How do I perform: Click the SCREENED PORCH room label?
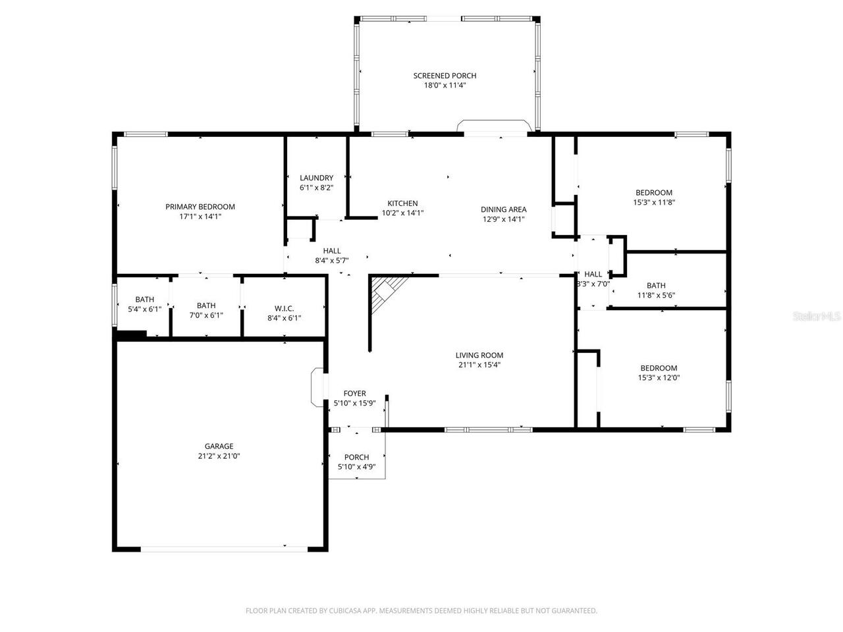[x=445, y=76]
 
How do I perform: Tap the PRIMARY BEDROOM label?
[x=200, y=207]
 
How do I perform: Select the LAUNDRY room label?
[x=316, y=178]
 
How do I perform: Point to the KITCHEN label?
[x=402, y=203]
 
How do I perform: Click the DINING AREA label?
[x=503, y=209]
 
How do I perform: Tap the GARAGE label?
[x=219, y=446]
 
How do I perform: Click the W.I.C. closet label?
[x=284, y=309]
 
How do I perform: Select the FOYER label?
[x=354, y=394]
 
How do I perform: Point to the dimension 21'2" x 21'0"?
[x=219, y=456]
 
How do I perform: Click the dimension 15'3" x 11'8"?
[x=653, y=203]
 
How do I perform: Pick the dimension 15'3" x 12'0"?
[x=659, y=378]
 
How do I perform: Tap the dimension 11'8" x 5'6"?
[x=656, y=295]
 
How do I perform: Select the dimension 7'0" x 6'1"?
[x=206, y=315]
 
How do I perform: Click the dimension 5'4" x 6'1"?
[x=144, y=309]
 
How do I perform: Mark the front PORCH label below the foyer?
[x=356, y=457]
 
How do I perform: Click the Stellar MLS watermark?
[x=817, y=317]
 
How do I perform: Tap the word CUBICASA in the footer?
[x=348, y=611]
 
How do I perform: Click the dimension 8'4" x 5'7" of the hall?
[x=332, y=260]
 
